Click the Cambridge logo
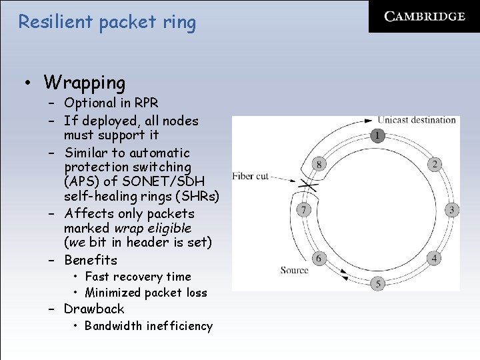coord(425,17)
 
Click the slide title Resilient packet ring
coord(107,23)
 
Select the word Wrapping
coord(85,83)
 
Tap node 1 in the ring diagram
coord(377,136)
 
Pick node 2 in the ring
coord(434,164)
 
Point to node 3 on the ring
coord(451,210)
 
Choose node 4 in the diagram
coord(435,258)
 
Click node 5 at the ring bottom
coord(378,283)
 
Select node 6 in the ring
coord(319,258)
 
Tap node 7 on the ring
coord(303,210)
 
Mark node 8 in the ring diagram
coord(319,164)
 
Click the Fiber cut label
coord(251,176)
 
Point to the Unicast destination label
coord(417,120)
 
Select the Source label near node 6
coord(294,270)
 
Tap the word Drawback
coord(94,309)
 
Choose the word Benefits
coord(91,260)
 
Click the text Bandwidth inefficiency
coord(149,326)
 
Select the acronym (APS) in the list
coord(81,181)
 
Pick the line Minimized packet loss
coord(146,293)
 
